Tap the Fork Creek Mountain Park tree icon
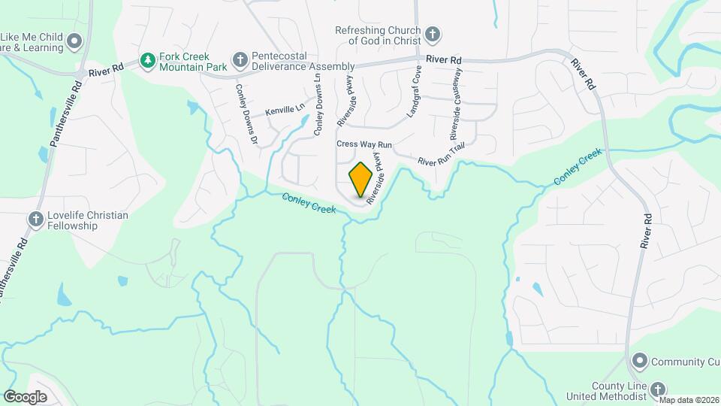(149, 59)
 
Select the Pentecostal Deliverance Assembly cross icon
(239, 59)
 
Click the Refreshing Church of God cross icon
(432, 34)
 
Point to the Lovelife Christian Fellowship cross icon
(35, 219)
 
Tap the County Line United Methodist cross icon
(658, 389)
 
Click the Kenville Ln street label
(285, 110)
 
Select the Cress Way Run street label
(364, 144)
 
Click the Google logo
(26, 396)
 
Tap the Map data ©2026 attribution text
(689, 400)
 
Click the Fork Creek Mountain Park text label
(184, 62)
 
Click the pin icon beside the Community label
(639, 362)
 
